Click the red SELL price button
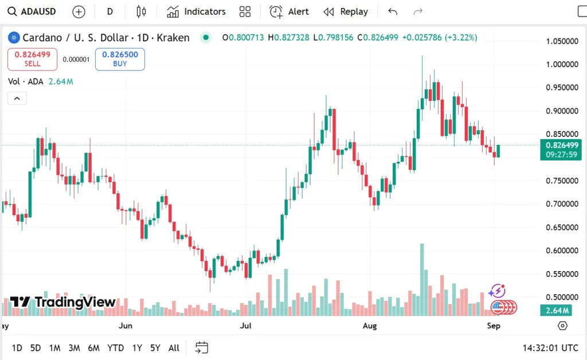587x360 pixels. (x=32, y=58)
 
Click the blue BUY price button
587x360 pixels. (x=120, y=58)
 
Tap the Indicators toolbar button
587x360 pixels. (x=196, y=11)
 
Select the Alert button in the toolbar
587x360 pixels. (x=289, y=11)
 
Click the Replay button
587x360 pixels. (x=346, y=11)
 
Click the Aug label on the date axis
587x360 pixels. (x=370, y=326)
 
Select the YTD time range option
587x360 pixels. (x=116, y=348)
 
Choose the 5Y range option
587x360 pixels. (x=155, y=348)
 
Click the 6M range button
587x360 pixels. (x=93, y=348)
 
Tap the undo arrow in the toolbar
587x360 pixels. (x=393, y=11)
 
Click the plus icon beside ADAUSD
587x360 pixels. (x=79, y=11)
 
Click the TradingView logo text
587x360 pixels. (x=63, y=302)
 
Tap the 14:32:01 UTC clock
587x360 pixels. (x=550, y=348)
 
